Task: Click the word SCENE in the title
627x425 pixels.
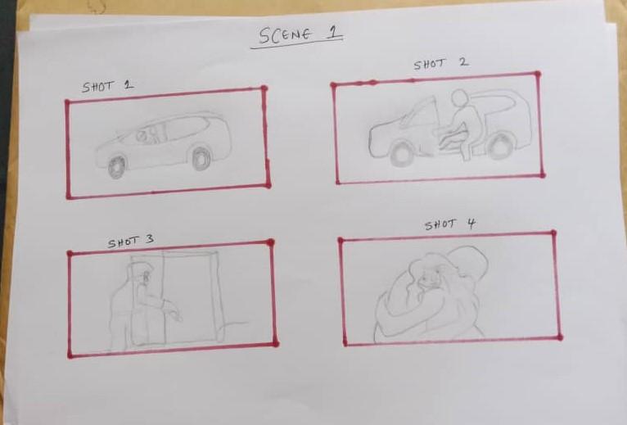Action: coord(285,35)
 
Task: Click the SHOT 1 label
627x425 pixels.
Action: coord(107,87)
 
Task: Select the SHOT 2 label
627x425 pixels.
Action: coord(441,64)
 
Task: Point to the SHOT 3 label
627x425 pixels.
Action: coord(130,242)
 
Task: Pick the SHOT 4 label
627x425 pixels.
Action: coord(450,224)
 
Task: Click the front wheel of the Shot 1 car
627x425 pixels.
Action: coord(117,167)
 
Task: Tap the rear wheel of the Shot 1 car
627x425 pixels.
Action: coord(201,158)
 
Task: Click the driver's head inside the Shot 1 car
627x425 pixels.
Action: coord(141,136)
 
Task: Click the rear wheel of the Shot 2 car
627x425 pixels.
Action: coord(499,146)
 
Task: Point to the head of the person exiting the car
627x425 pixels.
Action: coord(459,98)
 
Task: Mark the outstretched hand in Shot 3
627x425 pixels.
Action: coord(176,314)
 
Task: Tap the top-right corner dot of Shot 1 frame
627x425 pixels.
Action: coord(264,88)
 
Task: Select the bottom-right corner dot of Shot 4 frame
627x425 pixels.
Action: coord(560,337)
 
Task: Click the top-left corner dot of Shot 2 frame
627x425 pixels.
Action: coord(333,85)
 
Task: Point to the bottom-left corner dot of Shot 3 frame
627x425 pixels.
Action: coord(70,355)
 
